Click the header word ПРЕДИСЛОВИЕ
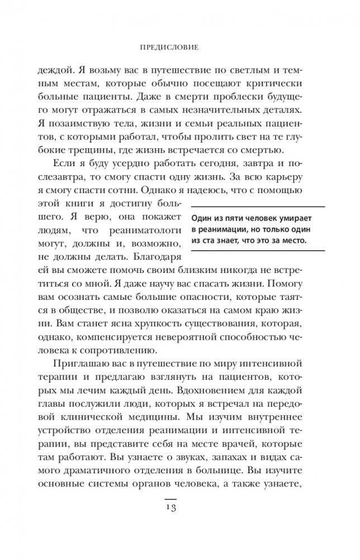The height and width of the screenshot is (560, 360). [181, 49]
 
